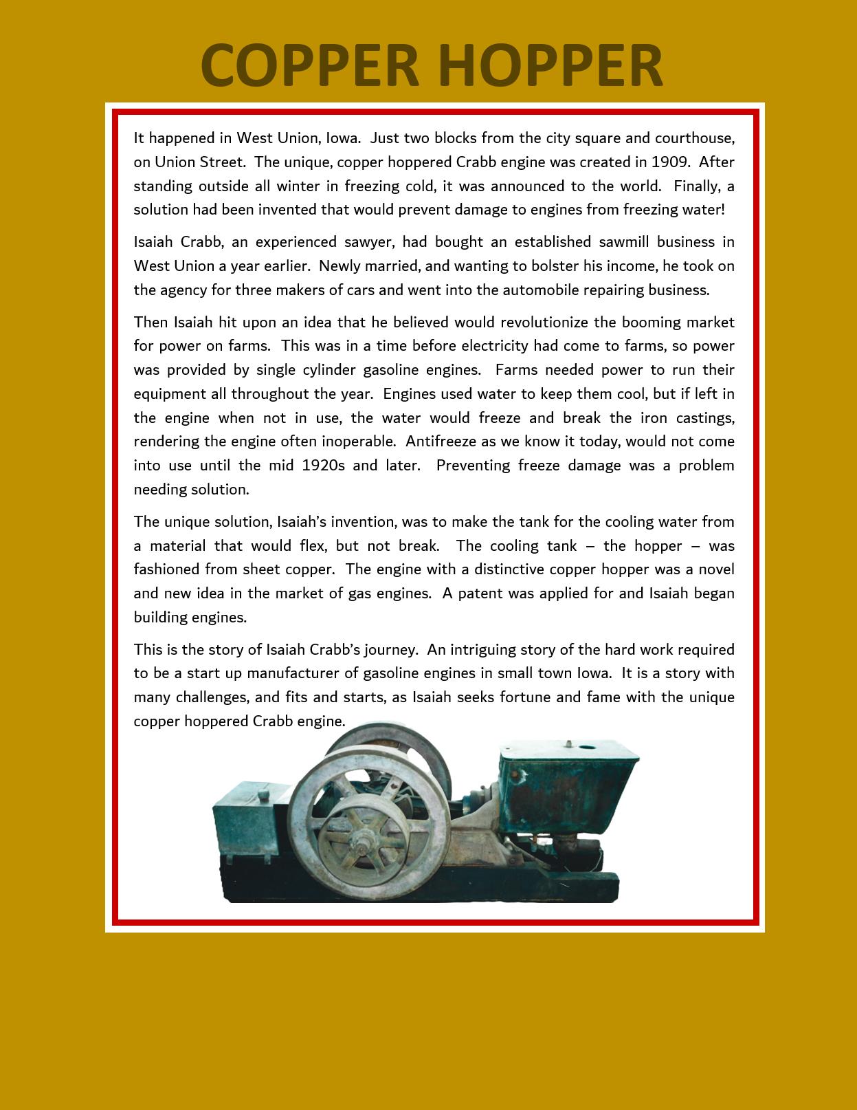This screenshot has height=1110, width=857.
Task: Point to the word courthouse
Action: tap(695, 138)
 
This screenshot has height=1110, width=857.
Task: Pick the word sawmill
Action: tap(614, 242)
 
